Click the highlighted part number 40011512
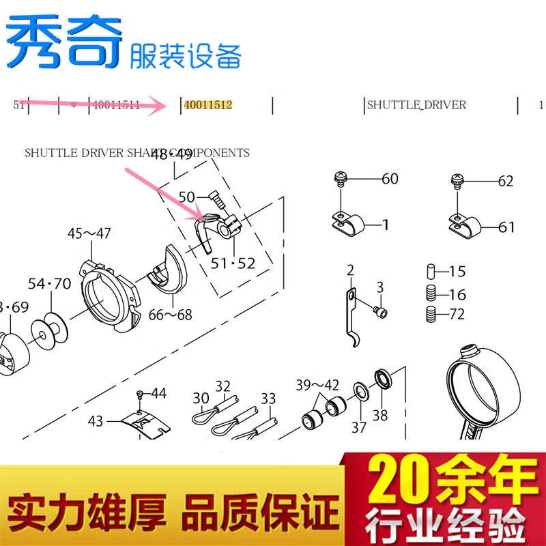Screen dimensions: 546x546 coord(208,105)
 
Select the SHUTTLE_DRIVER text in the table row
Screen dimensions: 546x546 coord(416,105)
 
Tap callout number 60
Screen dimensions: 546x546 coord(390,179)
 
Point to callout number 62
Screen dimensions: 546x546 coord(505,182)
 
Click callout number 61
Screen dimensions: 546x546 coord(506,227)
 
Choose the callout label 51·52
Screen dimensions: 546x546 coord(233,263)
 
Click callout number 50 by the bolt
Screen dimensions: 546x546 coord(187,197)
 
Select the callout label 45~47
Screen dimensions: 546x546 coord(89,234)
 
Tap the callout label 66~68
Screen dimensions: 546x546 coord(170,315)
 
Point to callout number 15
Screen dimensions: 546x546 coord(457,272)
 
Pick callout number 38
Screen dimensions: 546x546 coord(380,414)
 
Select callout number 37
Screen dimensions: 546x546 coord(359,427)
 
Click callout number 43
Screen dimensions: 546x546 coord(96,421)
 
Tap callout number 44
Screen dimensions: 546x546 coord(158,393)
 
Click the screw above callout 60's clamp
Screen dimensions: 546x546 coord(339,179)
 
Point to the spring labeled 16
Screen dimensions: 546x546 coord(431,294)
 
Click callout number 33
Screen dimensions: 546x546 coord(268,398)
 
